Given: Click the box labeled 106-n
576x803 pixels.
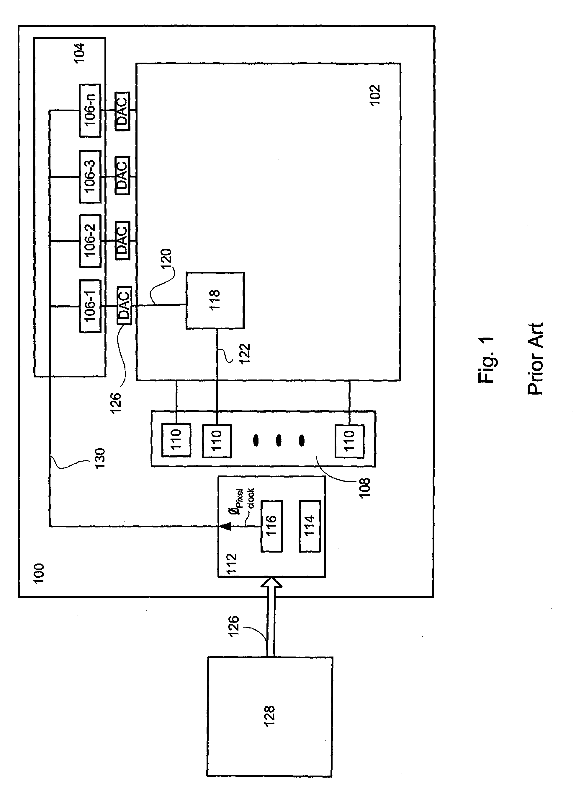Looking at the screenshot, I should click(90, 110).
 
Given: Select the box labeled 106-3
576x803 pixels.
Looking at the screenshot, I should click(90, 176).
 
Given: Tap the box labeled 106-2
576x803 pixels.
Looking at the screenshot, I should click(90, 241).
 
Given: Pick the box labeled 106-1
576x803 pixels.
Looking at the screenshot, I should click(90, 306).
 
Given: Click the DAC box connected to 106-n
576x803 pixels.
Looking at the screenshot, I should click(122, 111).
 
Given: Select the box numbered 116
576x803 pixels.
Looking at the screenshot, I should click(271, 526).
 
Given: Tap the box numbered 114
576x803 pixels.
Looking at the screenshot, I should click(310, 526).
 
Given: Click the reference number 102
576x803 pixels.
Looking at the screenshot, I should click(375, 95).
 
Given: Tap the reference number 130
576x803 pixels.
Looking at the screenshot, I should click(100, 459).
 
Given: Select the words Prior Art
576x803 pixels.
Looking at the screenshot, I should click(535, 359).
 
